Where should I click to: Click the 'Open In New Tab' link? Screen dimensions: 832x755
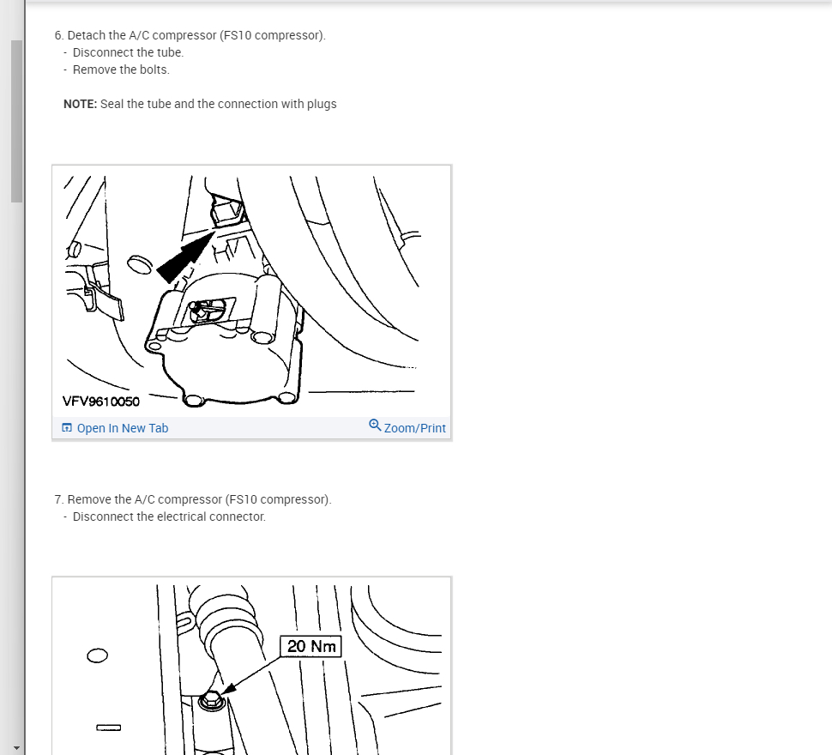(x=123, y=428)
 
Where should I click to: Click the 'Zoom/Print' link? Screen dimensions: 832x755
(x=415, y=428)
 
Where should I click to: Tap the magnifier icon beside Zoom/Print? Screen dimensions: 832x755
(x=375, y=426)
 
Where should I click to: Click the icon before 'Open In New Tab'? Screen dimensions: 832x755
(x=67, y=427)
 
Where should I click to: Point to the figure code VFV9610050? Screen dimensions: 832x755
(x=101, y=402)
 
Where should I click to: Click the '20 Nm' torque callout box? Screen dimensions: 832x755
(x=311, y=646)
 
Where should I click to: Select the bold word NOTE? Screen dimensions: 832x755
(x=80, y=104)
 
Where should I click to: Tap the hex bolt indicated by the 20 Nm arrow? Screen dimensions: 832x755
(x=212, y=702)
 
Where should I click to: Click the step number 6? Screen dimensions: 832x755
(x=58, y=35)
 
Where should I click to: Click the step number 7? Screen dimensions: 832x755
(x=58, y=500)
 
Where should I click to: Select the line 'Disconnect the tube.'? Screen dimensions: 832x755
(x=128, y=52)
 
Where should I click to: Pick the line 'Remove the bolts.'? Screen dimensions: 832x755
(x=121, y=69)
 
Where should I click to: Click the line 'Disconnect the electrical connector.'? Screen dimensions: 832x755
(x=169, y=516)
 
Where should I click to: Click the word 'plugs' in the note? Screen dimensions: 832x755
(x=322, y=105)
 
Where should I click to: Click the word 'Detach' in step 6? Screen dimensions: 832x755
(x=86, y=35)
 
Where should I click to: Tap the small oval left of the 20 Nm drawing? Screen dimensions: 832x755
(x=97, y=655)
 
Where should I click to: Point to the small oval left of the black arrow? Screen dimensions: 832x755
(x=140, y=265)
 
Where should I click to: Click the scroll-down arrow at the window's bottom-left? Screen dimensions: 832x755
(x=16, y=748)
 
